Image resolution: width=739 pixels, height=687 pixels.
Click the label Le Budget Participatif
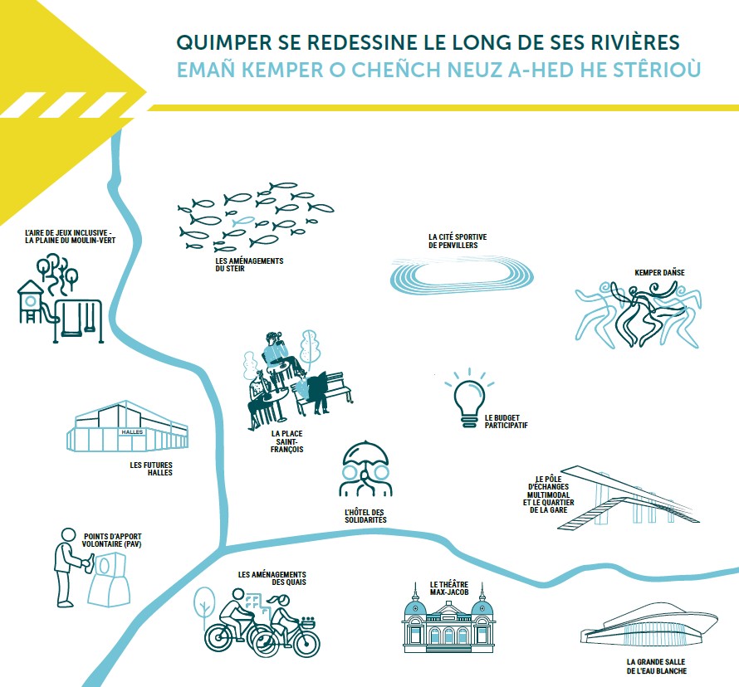pos(507,421)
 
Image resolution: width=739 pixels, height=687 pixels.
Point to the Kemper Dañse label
pos(659,273)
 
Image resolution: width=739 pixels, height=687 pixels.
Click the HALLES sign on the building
pos(132,431)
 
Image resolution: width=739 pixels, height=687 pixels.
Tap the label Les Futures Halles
pos(151,469)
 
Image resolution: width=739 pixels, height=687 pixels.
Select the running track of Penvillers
pos(462,275)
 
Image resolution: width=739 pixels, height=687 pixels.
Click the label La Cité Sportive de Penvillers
pos(458,241)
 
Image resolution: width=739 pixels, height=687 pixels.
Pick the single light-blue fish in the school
pos(243,221)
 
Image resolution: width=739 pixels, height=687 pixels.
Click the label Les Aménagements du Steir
pos(249,265)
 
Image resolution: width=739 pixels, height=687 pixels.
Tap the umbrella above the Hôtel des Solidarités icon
pos(365,453)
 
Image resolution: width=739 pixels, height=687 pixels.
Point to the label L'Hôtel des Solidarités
pos(365,516)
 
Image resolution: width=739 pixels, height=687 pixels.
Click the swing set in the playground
pos(78,321)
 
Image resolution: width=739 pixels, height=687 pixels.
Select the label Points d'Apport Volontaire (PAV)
pos(112,540)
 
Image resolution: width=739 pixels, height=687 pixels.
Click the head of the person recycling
pos(68,535)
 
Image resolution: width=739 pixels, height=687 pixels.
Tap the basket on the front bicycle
pos(308,622)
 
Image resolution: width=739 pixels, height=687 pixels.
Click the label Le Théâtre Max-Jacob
pos(448,588)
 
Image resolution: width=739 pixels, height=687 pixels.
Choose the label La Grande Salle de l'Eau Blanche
pos(657,666)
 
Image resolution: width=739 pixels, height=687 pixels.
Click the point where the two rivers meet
pos(222,549)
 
